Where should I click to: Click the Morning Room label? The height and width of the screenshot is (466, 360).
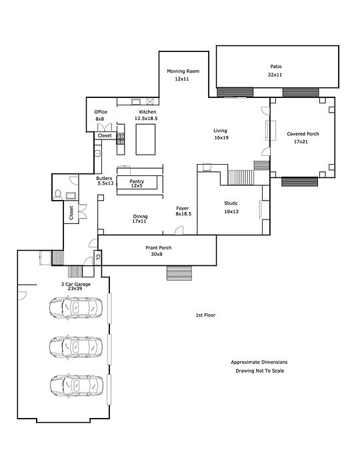click(183, 71)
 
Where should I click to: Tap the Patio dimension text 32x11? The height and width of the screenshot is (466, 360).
click(275, 75)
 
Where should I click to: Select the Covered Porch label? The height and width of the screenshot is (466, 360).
click(303, 134)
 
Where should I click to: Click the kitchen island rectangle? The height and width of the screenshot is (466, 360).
click(145, 139)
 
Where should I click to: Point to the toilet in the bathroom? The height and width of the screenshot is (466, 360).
click(58, 195)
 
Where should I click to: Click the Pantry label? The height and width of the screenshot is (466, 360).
click(137, 181)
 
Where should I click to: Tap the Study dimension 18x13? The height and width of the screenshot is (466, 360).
click(231, 211)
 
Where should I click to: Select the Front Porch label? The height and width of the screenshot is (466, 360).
click(159, 247)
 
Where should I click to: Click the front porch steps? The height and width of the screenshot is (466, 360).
click(179, 273)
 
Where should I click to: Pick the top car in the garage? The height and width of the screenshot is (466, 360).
click(76, 307)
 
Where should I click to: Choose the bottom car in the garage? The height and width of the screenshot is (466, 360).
click(77, 385)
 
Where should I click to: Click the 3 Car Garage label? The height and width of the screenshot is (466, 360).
click(76, 285)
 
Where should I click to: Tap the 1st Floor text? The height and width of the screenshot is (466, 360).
click(205, 315)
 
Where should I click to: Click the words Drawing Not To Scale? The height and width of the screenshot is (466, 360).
click(260, 371)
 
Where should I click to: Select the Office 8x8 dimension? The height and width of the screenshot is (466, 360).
click(99, 119)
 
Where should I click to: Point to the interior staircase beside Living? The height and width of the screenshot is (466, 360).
click(241, 177)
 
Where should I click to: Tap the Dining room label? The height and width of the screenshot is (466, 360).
click(140, 217)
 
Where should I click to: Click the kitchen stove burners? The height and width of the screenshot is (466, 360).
click(121, 139)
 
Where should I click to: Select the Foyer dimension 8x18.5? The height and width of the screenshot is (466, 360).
click(183, 214)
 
